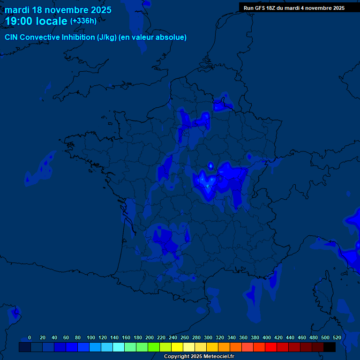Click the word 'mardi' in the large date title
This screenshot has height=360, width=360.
click(17, 10)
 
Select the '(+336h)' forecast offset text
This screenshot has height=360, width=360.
click(83, 21)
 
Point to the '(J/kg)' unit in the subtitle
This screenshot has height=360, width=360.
click(107, 37)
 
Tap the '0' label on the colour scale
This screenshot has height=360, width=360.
click(30, 337)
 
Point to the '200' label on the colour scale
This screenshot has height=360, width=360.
click(150, 337)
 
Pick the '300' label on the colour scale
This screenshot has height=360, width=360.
click(208, 337)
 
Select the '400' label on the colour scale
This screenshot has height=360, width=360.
click(267, 337)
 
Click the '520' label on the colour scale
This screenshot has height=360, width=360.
click(337, 337)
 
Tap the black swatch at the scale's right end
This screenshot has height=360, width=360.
click(330, 347)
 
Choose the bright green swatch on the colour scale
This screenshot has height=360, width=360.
click(153, 347)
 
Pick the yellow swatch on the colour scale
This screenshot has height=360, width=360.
click(177, 347)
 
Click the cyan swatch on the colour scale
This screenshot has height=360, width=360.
click(118, 347)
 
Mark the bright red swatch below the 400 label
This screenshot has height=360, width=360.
click(270, 347)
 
